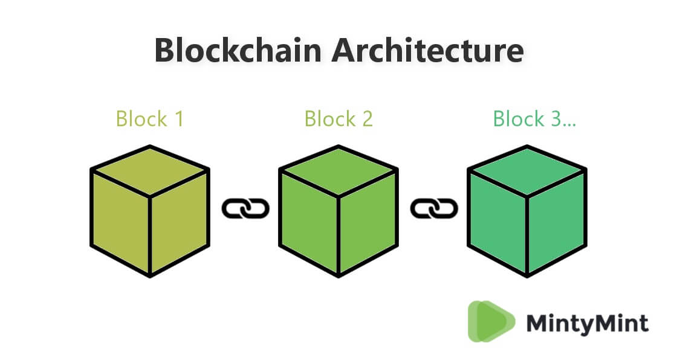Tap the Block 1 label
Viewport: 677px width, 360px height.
coord(149,118)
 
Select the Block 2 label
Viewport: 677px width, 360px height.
coord(338,118)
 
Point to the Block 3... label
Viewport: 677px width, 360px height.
coord(534,118)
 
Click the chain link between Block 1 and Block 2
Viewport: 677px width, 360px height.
coord(245,209)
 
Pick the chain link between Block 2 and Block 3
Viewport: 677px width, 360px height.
coord(433,209)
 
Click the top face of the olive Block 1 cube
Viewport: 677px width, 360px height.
coord(150,171)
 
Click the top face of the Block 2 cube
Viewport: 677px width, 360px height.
coord(338,171)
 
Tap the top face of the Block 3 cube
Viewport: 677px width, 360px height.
coord(527,171)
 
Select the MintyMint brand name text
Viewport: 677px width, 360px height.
coord(587,323)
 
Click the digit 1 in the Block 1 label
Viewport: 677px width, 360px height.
coord(178,118)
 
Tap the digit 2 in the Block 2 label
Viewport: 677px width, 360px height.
coord(367,118)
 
